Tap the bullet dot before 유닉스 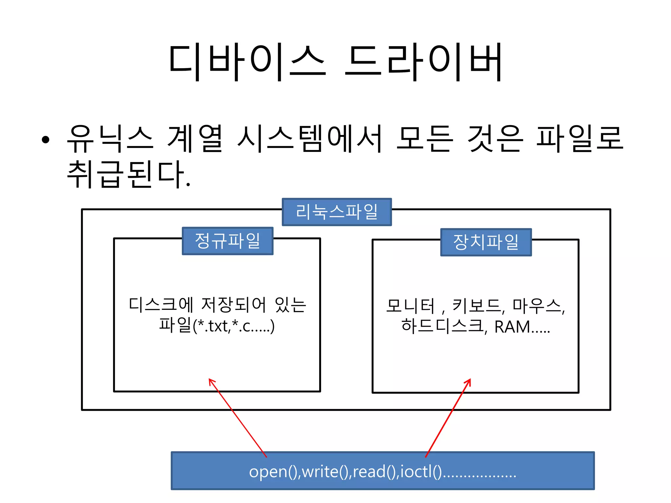(x=46, y=140)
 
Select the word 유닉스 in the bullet (x=110, y=139)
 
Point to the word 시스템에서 (x=310, y=139)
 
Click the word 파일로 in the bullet (x=579, y=139)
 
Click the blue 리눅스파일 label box (x=336, y=212)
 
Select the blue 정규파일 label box (x=227, y=241)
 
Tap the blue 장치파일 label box (x=486, y=242)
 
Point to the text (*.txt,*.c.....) (x=234, y=326)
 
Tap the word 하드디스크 (x=442, y=326)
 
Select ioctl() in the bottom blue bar (x=421, y=472)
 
